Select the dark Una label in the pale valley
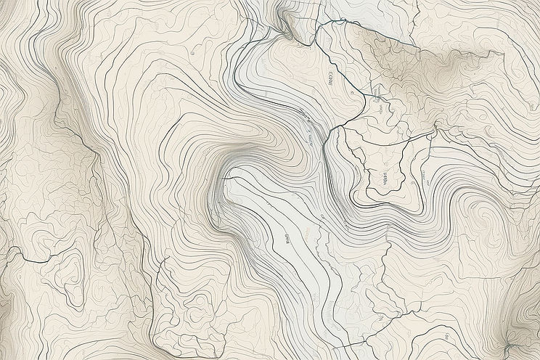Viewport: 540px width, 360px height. tap(286, 240)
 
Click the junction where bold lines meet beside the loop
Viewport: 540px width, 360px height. tap(337, 128)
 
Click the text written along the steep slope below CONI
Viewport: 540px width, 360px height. tap(309, 127)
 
